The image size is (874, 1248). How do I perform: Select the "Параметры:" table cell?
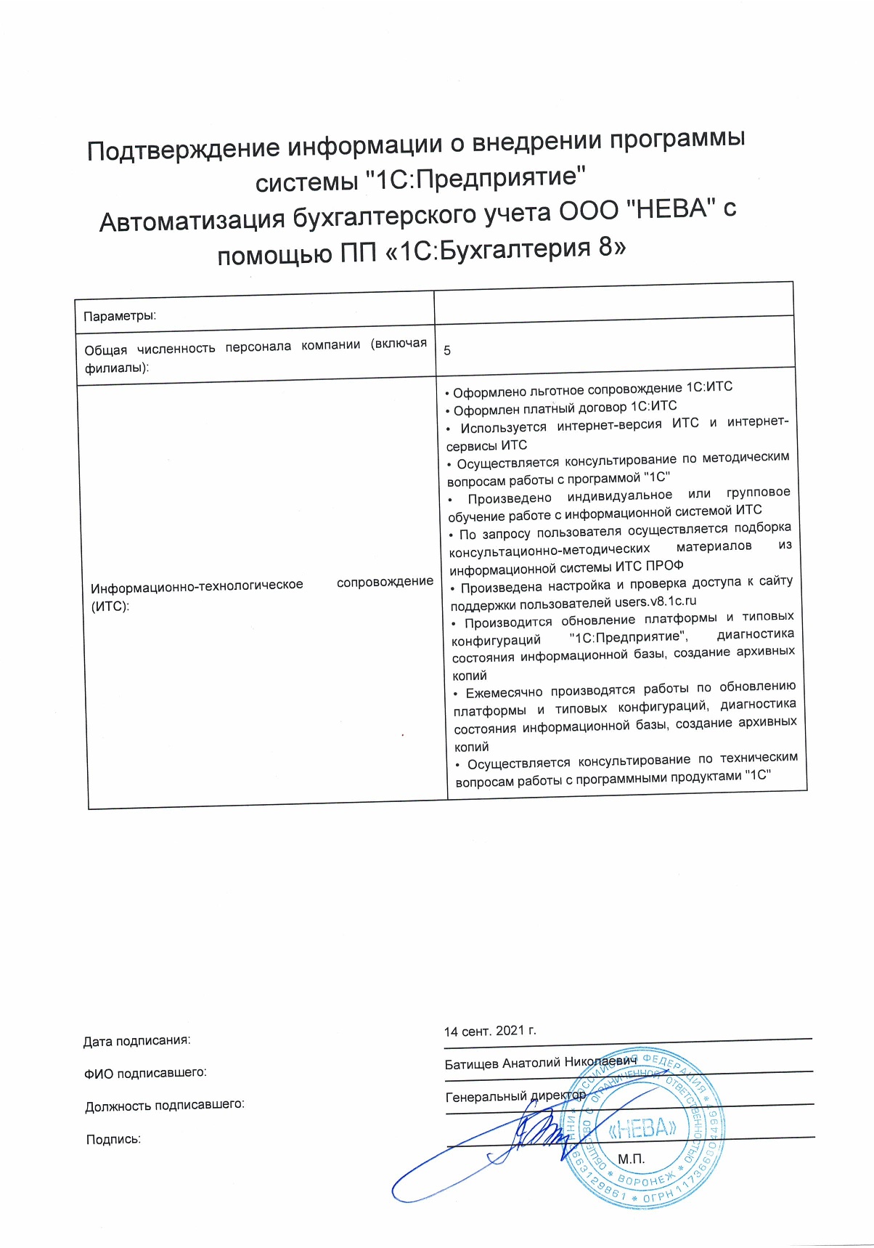coord(120,316)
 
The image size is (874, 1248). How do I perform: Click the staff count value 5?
coord(447,351)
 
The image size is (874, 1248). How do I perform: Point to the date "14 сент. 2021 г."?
coord(490,1031)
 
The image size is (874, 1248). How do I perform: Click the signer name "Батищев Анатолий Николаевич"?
coord(540,1063)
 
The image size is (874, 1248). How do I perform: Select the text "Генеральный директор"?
coord(515,1096)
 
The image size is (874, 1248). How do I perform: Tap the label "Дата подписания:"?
coord(136,1041)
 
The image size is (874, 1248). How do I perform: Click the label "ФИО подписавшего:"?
coord(145,1073)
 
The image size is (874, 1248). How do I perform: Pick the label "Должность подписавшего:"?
coord(164,1106)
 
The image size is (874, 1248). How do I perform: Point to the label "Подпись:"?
coord(113,1139)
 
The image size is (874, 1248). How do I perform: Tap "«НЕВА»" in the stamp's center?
coord(643,1127)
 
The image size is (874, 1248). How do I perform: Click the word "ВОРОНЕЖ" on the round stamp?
coord(646,1183)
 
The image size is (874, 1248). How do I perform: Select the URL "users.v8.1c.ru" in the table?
coord(655,601)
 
